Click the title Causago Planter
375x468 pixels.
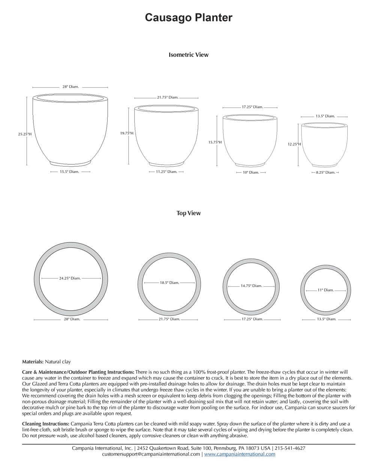pyautogui.click(x=189, y=18)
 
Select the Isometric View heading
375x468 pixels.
pyautogui.click(x=188, y=55)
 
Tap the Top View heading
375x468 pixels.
pyautogui.click(x=189, y=213)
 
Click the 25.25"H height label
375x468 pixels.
pyautogui.click(x=25, y=134)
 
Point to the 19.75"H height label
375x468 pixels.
pyautogui.click(x=127, y=133)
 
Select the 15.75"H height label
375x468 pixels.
pyautogui.click(x=215, y=142)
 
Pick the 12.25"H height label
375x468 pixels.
pyautogui.click(x=294, y=144)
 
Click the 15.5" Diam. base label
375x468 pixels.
pyautogui.click(x=69, y=172)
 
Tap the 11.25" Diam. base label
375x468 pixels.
pyautogui.click(x=166, y=172)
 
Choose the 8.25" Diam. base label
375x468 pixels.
pyautogui.click(x=325, y=173)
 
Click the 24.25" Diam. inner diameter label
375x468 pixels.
pyautogui.click(x=70, y=278)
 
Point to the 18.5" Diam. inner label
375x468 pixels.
pyautogui.click(x=169, y=283)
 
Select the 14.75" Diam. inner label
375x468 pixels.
pyautogui.click(x=251, y=286)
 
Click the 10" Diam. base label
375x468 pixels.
pyautogui.click(x=251, y=173)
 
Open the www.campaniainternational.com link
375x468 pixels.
pyautogui.click(x=240, y=454)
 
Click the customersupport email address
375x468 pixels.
pyautogui.click(x=151, y=454)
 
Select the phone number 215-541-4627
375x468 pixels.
pyautogui.click(x=289, y=448)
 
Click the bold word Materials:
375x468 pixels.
pyautogui.click(x=33, y=362)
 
